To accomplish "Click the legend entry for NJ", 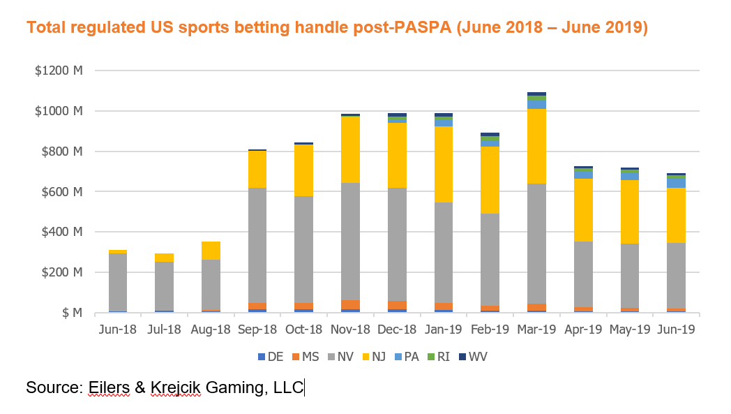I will (x=372, y=357).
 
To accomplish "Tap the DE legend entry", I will (x=270, y=357).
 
